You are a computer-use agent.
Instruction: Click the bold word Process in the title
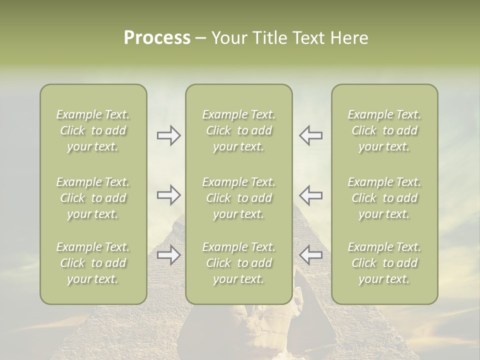pos(157,38)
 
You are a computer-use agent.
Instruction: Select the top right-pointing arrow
pos(169,135)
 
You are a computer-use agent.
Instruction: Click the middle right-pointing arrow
pos(169,195)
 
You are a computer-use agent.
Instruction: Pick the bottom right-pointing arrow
pos(169,255)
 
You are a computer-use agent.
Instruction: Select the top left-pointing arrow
pos(310,135)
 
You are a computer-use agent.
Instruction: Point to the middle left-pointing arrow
pos(310,195)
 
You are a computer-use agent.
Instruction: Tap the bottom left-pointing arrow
pos(310,255)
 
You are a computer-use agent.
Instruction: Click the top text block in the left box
pos(93,130)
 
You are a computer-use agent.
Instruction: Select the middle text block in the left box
pos(93,198)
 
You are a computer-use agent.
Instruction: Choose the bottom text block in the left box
pos(93,263)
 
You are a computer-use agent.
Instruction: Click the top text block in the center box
pos(238,130)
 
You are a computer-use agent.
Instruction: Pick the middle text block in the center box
pos(238,198)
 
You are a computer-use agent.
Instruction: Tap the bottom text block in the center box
pos(238,263)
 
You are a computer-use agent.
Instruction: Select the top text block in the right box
pos(384,130)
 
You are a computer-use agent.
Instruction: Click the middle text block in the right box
pos(384,198)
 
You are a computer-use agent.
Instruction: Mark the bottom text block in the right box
pos(384,263)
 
